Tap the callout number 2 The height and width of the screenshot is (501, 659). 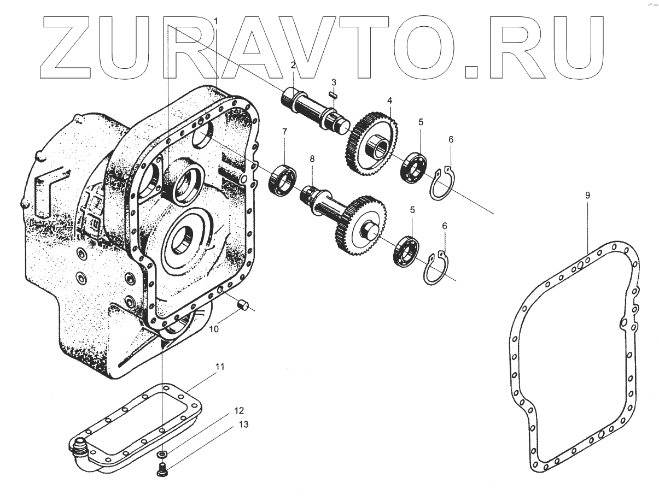[293, 65]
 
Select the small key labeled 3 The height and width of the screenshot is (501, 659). [331, 94]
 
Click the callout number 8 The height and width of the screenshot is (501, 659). [312, 158]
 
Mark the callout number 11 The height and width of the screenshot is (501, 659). [219, 367]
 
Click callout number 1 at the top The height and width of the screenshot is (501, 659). [216, 21]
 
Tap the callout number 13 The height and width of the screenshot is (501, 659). [243, 424]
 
